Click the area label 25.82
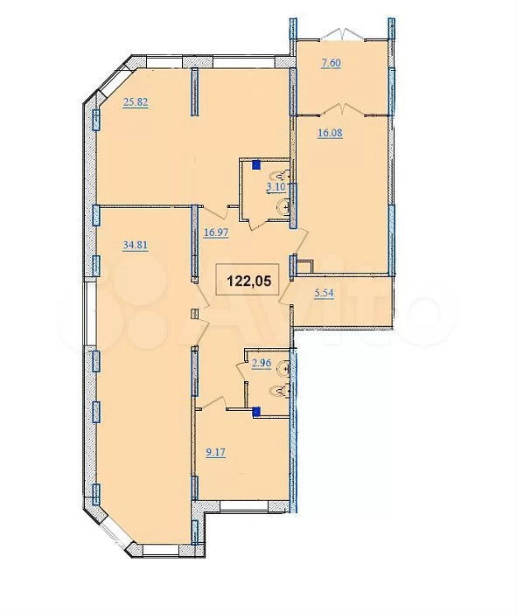pyautogui.click(x=136, y=102)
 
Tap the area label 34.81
pyautogui.click(x=136, y=246)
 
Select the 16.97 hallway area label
pyautogui.click(x=216, y=233)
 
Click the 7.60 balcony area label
pyautogui.click(x=332, y=63)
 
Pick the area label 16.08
pyautogui.click(x=330, y=133)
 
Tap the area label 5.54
pyautogui.click(x=324, y=293)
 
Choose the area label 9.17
pyautogui.click(x=215, y=453)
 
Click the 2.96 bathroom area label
pyautogui.click(x=262, y=364)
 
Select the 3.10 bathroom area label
pyautogui.click(x=276, y=187)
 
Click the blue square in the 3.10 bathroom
pyautogui.click(x=255, y=165)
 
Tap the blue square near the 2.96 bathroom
pyautogui.click(x=256, y=412)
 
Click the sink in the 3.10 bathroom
pyautogui.click(x=283, y=205)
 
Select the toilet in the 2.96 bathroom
pyautogui.click(x=281, y=390)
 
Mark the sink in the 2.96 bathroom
pyautogui.click(x=283, y=367)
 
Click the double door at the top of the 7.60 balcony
pyautogui.click(x=343, y=34)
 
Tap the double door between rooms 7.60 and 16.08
pyautogui.click(x=343, y=109)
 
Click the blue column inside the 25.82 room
pyautogui.click(x=195, y=92)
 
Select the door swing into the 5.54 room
pyautogui.click(x=287, y=292)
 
